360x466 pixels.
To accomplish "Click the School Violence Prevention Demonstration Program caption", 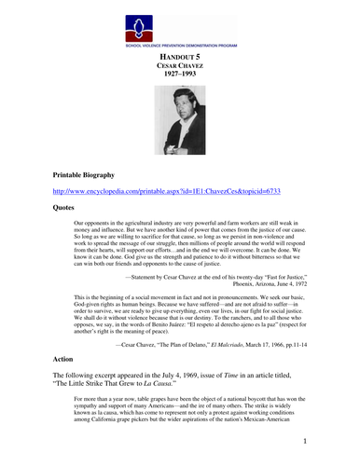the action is click(x=180, y=44).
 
